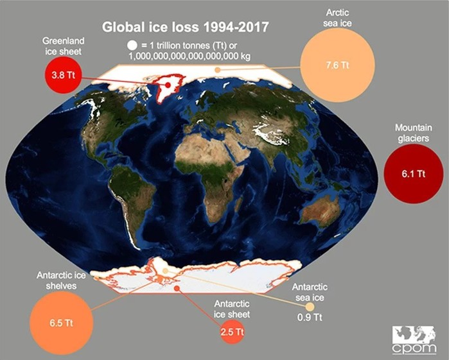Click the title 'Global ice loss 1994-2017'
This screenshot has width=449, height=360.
(185, 27)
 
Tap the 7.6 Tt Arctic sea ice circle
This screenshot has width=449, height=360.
(337, 65)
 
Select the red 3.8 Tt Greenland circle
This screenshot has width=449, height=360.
(64, 75)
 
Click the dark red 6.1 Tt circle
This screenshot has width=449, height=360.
(413, 174)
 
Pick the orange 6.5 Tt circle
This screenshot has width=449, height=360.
(61, 323)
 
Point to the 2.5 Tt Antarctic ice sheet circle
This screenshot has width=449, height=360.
(233, 332)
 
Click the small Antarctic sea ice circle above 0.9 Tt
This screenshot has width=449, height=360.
(310, 307)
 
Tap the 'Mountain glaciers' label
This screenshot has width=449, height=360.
(414, 133)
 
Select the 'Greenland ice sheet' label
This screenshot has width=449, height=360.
(64, 46)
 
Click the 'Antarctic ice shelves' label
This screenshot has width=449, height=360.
(61, 280)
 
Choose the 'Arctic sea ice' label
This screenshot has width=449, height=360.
(337, 18)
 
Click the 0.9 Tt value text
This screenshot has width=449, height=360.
(310, 318)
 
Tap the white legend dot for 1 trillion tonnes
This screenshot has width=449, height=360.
(132, 46)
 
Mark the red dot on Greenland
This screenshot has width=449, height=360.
(168, 85)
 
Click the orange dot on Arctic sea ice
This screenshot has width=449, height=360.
(218, 70)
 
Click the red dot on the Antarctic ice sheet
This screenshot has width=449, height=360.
(177, 288)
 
